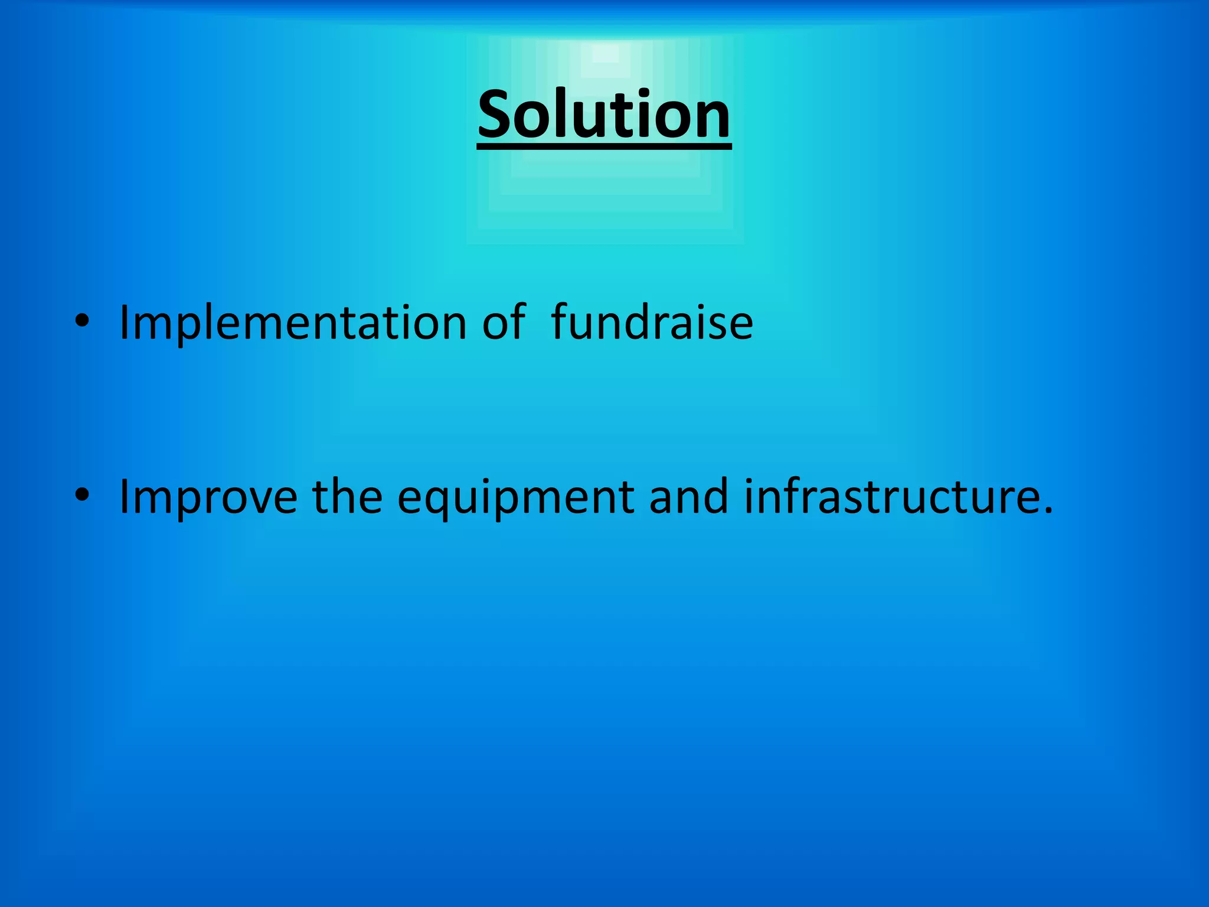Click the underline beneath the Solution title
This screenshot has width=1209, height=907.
[604, 146]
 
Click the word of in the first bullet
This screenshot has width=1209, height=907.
[503, 323]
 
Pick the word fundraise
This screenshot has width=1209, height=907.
[652, 323]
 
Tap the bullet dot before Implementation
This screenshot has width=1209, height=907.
[82, 321]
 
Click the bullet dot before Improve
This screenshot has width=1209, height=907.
[82, 495]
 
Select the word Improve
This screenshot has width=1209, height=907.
[208, 497]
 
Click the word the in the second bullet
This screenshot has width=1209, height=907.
[347, 497]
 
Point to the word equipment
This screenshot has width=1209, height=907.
[516, 497]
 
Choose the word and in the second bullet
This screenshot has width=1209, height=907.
[688, 497]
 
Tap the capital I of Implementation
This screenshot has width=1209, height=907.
[125, 323]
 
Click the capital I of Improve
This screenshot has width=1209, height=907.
[125, 497]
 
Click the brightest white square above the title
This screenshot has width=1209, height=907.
[604, 54]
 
